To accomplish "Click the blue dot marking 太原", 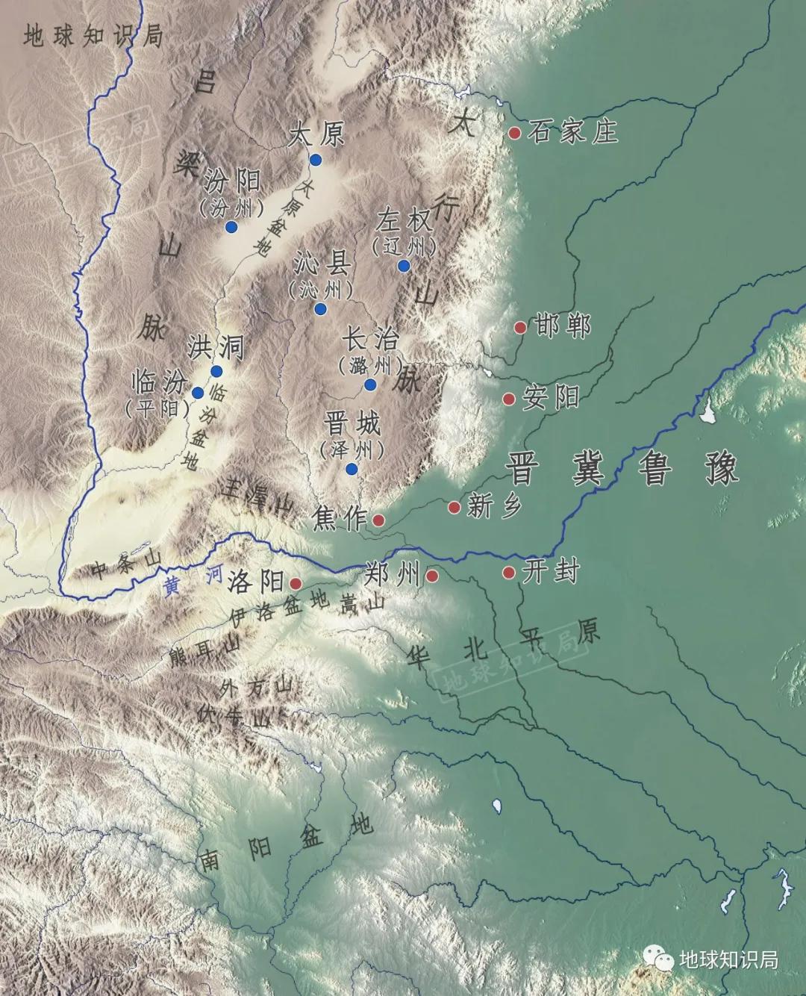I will pyautogui.click(x=316, y=160).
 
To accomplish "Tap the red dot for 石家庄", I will pyautogui.click(x=515, y=133).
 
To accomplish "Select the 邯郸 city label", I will pyautogui.click(x=563, y=327).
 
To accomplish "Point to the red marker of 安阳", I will pyautogui.click(x=509, y=399).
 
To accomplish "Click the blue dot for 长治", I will pyautogui.click(x=370, y=385).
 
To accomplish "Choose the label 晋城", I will pyautogui.click(x=352, y=424).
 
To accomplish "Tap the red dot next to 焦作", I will pyautogui.click(x=378, y=520).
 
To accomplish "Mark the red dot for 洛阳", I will pyautogui.click(x=296, y=583).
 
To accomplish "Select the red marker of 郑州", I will pyautogui.click(x=431, y=576).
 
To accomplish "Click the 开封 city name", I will pyautogui.click(x=552, y=573).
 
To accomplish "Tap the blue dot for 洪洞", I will pyautogui.click(x=216, y=371).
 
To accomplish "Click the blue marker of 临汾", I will pyautogui.click(x=198, y=393).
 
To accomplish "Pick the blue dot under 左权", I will pyautogui.click(x=404, y=266).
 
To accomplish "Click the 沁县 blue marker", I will pyautogui.click(x=321, y=309).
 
